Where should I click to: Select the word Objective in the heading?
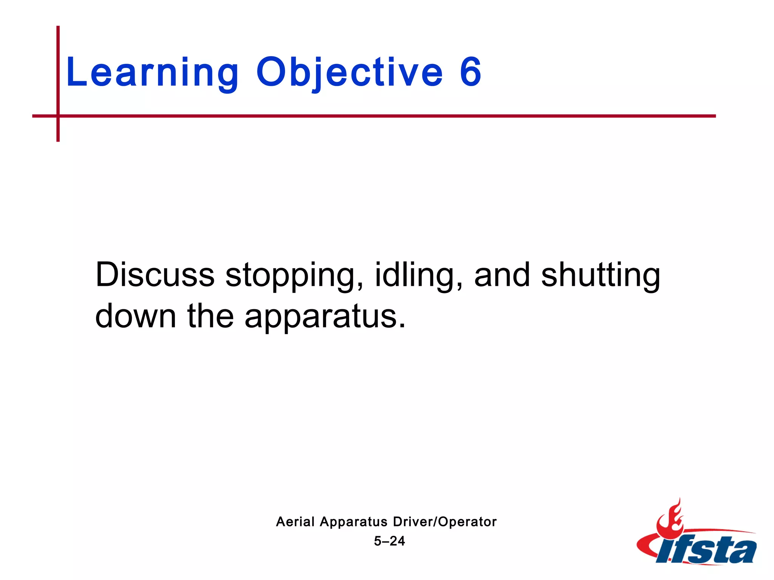pos(349,72)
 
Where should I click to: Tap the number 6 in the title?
pos(471,72)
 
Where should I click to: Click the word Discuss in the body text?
pos(155,275)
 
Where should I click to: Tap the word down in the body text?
pos(136,316)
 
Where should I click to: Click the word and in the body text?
pos(502,275)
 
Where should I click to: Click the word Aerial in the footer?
pos(295,522)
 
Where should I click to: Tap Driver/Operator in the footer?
pos(445,522)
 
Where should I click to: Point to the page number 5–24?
pos(389,541)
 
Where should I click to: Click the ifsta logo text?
pos(707,551)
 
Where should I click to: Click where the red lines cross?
pos(58,116)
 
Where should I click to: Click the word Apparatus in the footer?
pos(354,522)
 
